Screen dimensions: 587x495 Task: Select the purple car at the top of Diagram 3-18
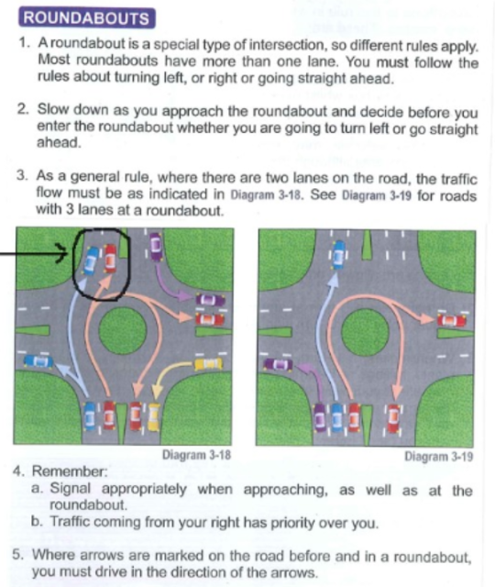coord(156,244)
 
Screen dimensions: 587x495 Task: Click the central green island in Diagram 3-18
coord(122,332)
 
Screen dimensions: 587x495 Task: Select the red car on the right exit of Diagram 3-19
coord(452,321)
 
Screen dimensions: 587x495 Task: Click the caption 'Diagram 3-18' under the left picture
coord(196,456)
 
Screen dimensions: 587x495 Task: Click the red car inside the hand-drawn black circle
coord(110,259)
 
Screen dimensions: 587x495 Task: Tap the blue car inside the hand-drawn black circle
coord(92,260)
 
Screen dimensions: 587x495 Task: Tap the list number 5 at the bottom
coord(19,555)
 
